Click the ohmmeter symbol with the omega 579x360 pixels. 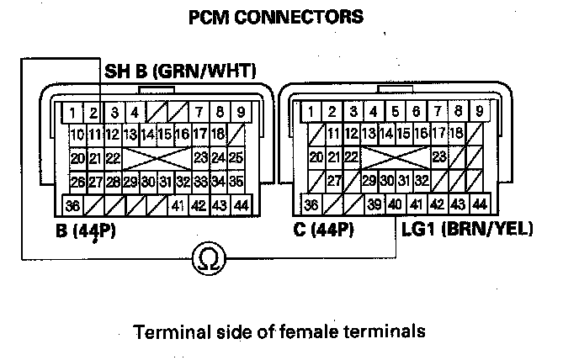(x=205, y=260)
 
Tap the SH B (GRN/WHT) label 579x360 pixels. (x=179, y=71)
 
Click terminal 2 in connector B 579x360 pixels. (x=94, y=111)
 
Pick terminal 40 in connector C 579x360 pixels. (x=395, y=204)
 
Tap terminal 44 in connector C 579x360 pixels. (x=480, y=204)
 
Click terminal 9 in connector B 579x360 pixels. (x=241, y=111)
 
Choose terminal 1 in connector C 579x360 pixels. (x=312, y=111)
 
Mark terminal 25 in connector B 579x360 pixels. (x=236, y=157)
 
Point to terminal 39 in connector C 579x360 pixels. (x=374, y=204)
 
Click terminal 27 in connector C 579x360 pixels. (x=333, y=181)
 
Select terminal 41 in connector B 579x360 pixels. (x=178, y=204)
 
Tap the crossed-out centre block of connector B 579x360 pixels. (x=157, y=157)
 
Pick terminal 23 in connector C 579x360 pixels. (x=438, y=157)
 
